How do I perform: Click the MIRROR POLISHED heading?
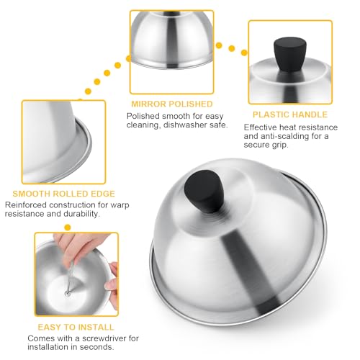[x=172, y=104]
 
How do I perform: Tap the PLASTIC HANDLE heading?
[x=290, y=114]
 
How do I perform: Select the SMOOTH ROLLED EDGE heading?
[x=64, y=194]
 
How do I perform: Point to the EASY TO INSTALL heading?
[x=76, y=327]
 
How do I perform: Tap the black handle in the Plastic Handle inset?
[x=289, y=55]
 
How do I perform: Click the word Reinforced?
[x=26, y=205]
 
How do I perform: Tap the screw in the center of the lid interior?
[x=68, y=293]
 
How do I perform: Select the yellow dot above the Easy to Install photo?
[x=68, y=227]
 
